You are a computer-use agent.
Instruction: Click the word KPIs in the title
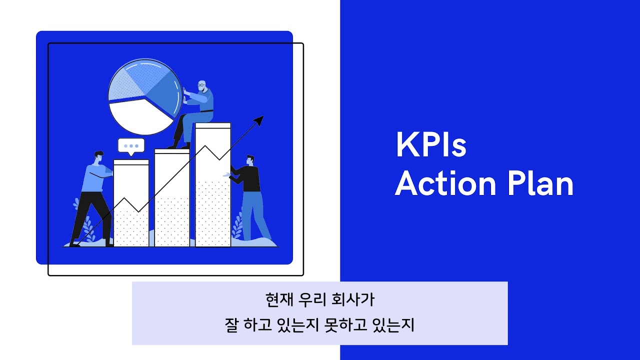(430, 145)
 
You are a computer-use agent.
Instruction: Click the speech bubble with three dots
(131, 146)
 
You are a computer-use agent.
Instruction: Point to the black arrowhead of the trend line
(258, 120)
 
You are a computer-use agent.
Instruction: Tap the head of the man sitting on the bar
(201, 85)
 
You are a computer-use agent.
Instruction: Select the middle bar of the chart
(171, 200)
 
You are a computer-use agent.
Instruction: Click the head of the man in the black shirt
(250, 160)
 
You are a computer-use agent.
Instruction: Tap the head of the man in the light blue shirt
(98, 156)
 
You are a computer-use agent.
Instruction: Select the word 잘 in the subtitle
(232, 325)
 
